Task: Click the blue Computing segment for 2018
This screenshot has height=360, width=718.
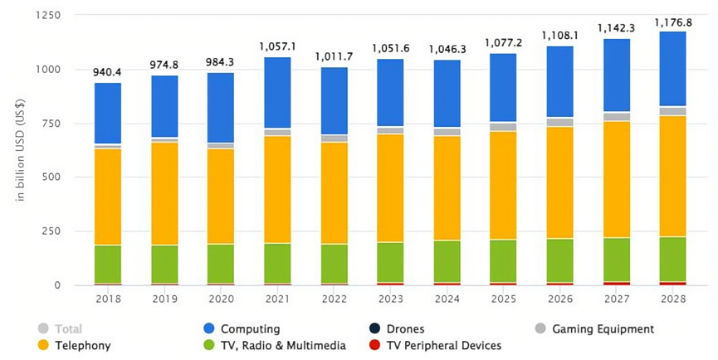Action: click(x=108, y=114)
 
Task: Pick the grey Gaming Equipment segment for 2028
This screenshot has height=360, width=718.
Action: click(x=672, y=111)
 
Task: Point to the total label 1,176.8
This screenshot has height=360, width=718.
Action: click(x=672, y=22)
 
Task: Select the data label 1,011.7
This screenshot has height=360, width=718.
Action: click(x=334, y=57)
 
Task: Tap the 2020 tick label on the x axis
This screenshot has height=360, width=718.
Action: click(x=221, y=297)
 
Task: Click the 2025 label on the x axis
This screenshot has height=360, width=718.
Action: click(x=503, y=297)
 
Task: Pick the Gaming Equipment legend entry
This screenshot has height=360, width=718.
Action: click(x=601, y=329)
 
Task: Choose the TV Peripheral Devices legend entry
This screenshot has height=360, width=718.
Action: click(x=443, y=345)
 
